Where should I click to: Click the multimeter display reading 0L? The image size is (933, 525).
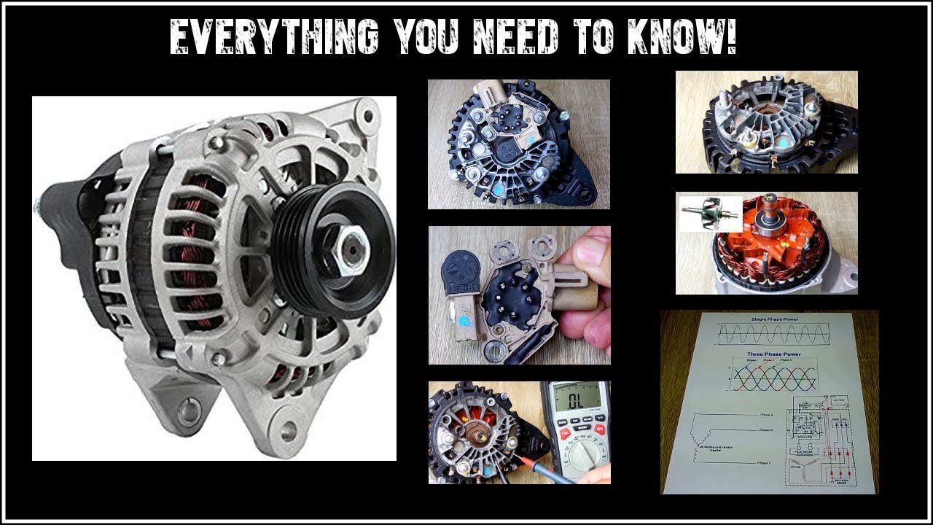pos(573,401)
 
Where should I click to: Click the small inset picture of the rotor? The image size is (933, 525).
pos(709,213)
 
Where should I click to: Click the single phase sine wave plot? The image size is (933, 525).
pos(772,335)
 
